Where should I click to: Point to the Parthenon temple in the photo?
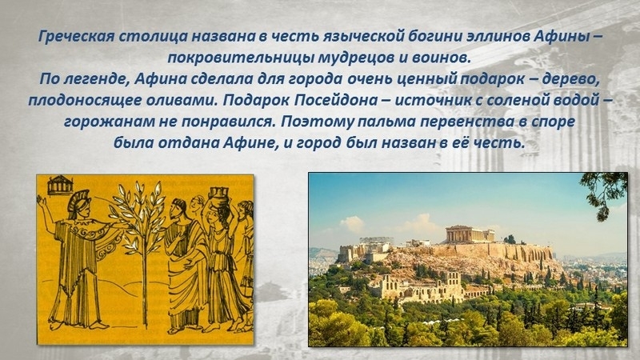(x=470, y=234)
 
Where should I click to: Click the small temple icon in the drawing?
(x=60, y=185)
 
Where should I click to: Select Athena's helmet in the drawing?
(x=78, y=202)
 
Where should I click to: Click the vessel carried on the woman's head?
(x=218, y=198)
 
